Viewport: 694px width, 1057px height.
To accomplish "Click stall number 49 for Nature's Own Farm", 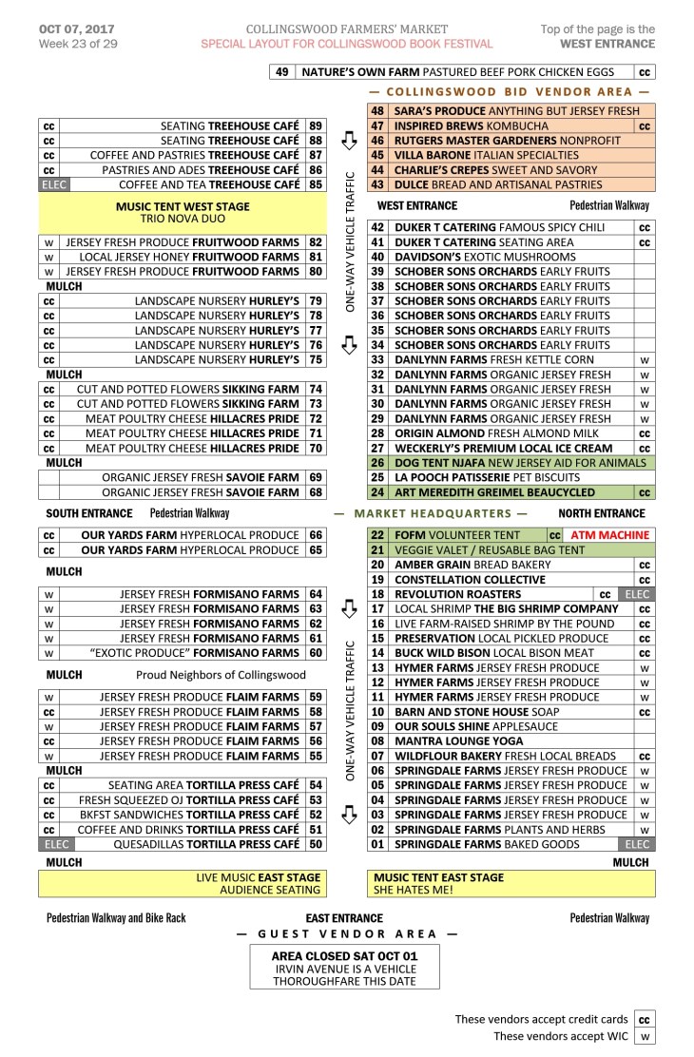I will point(281,72).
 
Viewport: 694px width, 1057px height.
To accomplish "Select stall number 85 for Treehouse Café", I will point(316,184).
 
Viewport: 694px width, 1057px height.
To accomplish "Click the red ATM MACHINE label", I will point(609,535).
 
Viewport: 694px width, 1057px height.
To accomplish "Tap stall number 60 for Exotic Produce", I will point(316,653).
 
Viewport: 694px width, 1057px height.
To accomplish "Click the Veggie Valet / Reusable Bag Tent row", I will point(490,550).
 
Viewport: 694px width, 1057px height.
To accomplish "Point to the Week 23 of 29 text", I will point(78,44).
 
